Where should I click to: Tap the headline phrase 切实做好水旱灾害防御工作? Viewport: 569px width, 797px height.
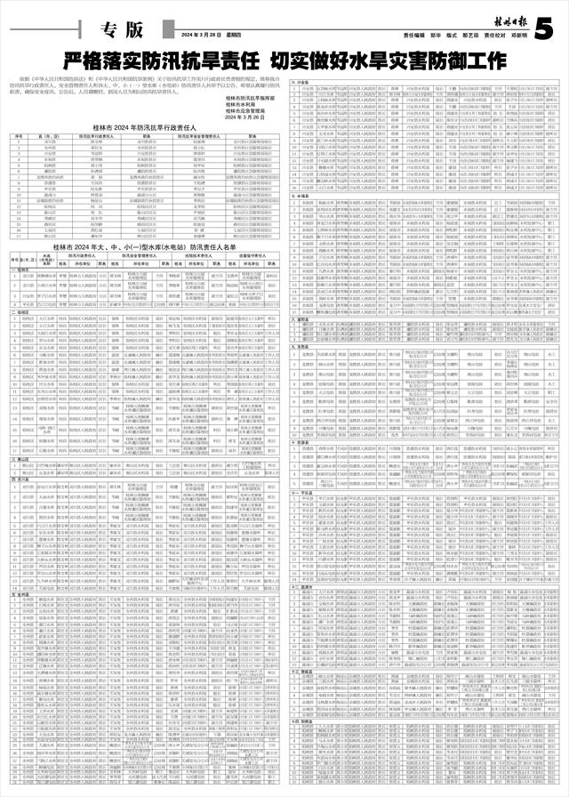pos(384,61)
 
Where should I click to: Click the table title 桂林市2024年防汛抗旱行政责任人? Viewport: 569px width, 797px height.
pos(146,129)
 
